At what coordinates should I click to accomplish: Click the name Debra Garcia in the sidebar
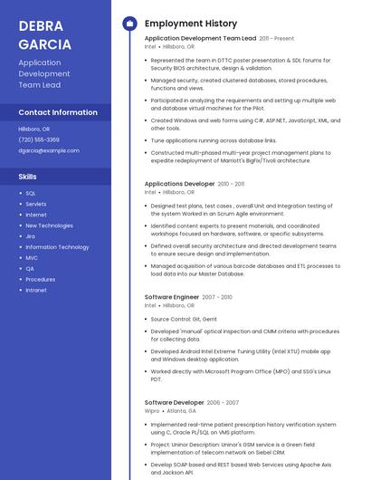pos(44,34)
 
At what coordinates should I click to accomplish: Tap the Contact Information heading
pos(58,112)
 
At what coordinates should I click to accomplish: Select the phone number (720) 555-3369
pos(39,139)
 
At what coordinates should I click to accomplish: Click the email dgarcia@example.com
pos(49,150)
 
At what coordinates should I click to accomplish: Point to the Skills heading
pos(28,176)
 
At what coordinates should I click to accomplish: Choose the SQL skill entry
pos(31,193)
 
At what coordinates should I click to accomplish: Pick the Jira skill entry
pos(31,236)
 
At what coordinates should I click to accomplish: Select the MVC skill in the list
pos(32,258)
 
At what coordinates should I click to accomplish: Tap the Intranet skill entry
pos(36,291)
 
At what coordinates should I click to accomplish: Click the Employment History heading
pos(191,24)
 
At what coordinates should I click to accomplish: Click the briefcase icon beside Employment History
pos(129,24)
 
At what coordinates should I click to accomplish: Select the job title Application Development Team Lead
pos(200,39)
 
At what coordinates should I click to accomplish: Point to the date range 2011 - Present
pos(276,39)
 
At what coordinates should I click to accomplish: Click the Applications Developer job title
pos(180,184)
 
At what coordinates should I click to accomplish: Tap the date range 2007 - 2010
pos(217,297)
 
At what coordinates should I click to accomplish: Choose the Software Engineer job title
pos(172,297)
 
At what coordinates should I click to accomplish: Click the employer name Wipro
pos(152,410)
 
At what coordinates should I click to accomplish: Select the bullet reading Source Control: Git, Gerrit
pos(184,319)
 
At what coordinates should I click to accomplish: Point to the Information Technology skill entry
pos(57,247)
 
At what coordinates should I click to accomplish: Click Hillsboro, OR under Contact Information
pos(34,129)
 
